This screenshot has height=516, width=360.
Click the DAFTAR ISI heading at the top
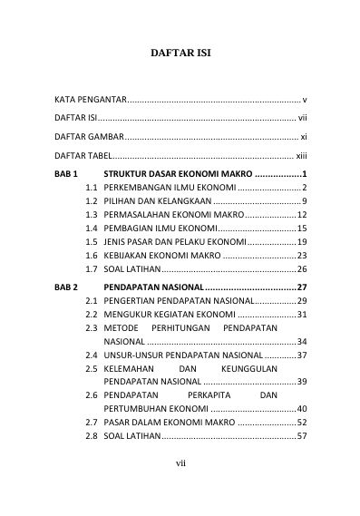click(180, 53)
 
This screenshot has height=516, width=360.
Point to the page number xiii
click(303, 156)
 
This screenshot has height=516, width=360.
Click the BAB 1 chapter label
click(68, 173)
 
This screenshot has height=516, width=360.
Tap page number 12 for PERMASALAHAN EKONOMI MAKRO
click(303, 214)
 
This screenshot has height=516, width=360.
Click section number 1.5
click(92, 242)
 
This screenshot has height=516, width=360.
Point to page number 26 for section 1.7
click(303, 269)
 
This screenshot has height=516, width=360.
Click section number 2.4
click(92, 355)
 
